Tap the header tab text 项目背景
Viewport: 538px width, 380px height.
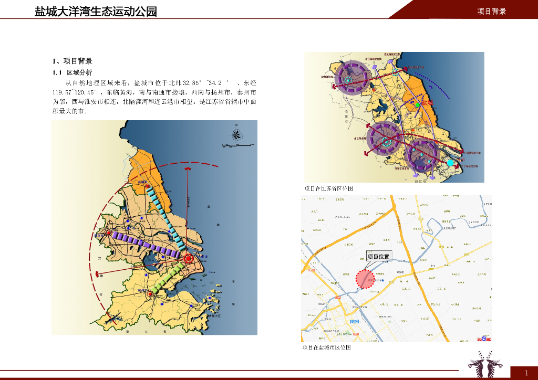[491, 11]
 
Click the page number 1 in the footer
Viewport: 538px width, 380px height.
[526, 373]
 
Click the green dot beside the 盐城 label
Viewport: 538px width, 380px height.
[418, 105]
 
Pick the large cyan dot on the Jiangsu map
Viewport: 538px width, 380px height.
[450, 163]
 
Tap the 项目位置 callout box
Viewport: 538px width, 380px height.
[378, 257]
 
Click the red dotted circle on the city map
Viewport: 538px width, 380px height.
[365, 279]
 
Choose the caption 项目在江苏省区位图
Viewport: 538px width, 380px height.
[329, 188]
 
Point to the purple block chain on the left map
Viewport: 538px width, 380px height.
[147, 244]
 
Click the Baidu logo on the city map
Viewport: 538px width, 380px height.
[484, 339]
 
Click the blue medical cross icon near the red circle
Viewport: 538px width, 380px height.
[383, 280]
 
